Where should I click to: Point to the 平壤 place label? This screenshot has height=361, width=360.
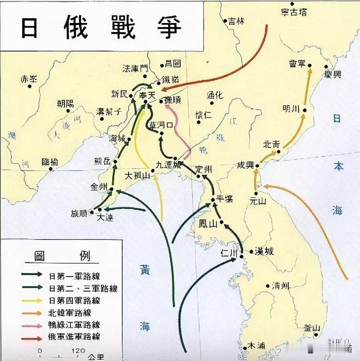coord(224,199)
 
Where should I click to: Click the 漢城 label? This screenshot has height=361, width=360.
coord(264,251)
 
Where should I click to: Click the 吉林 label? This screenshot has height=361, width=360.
coord(236,21)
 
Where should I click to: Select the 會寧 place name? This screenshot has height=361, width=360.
coord(298,63)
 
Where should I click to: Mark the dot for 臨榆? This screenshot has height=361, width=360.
coord(51,169)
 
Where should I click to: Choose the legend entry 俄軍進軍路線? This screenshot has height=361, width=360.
coord(74,337)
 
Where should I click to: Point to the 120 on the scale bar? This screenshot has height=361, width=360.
coord(78,350)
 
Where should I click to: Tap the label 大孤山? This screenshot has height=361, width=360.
coord(137,175)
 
